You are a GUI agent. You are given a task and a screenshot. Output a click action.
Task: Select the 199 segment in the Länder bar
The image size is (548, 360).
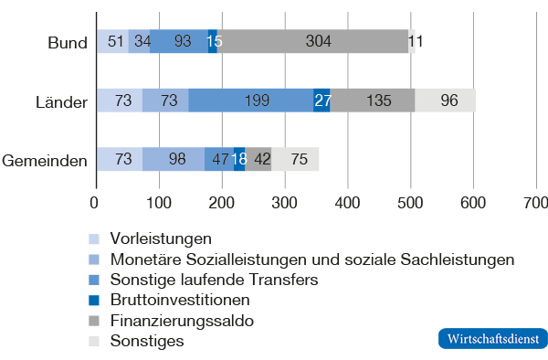point(251,101)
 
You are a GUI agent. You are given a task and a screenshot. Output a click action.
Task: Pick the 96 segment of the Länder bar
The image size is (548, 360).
point(445,101)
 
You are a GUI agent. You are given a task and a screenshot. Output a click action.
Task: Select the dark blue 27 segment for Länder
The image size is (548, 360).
point(321,101)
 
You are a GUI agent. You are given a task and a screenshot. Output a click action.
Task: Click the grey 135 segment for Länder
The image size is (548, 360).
point(373,101)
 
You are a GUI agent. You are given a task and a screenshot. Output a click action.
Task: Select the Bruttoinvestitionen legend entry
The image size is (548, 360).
point(179,300)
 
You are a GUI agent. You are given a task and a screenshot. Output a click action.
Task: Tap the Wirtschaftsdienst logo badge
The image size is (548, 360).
point(494,337)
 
